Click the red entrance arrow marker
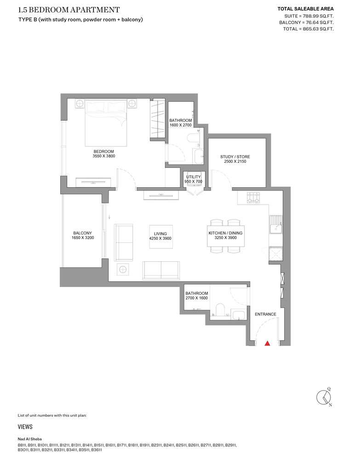(x=267, y=343)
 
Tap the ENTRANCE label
(x=265, y=314)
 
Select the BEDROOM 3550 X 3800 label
(x=104, y=154)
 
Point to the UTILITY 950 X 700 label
(x=194, y=179)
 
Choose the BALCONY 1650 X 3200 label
(x=83, y=235)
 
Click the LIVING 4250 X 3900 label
(x=160, y=236)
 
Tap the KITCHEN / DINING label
(x=225, y=233)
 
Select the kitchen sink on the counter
(x=275, y=224)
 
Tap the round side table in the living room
(x=123, y=269)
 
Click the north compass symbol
(x=324, y=397)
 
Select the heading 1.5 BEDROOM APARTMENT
(x=69, y=10)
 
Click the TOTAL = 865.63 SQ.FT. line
(x=308, y=29)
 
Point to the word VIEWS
(x=25, y=427)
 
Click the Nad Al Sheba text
(x=29, y=439)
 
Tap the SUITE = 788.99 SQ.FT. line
(x=309, y=16)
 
